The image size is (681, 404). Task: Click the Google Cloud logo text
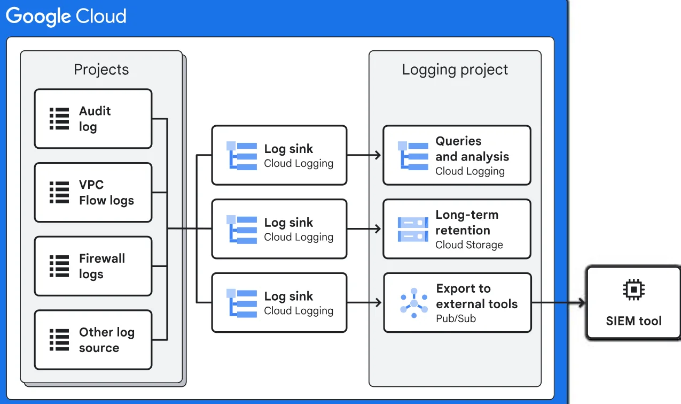coord(66,17)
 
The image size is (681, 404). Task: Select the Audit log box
coord(93,119)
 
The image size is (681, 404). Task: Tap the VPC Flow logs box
coord(93,193)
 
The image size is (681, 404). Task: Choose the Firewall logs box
coord(93,266)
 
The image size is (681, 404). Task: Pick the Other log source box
coord(93,340)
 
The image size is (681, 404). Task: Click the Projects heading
coord(101,70)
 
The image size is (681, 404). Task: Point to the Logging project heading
coord(455,70)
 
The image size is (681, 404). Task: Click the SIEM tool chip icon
coord(633,289)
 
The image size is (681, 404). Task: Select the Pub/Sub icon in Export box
coord(414,303)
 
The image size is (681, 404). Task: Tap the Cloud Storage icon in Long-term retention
coord(413,229)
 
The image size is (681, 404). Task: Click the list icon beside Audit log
coord(59,119)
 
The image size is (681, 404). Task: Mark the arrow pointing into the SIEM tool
coord(580,303)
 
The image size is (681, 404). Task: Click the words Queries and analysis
coord(472,149)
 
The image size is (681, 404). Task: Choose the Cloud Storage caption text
coord(469,245)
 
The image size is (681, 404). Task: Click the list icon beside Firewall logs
coord(59,266)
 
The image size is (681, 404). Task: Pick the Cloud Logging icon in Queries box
coord(413,155)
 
